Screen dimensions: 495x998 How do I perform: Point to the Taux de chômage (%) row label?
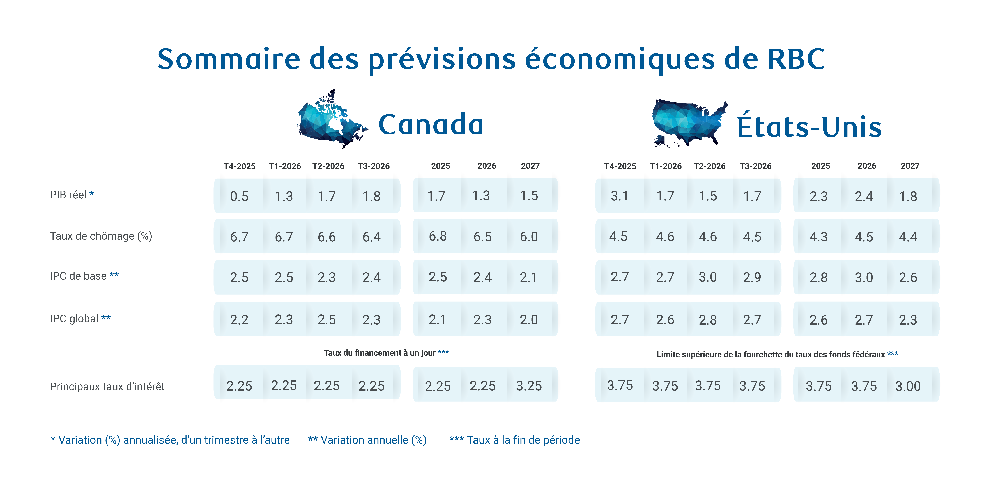pos(101,236)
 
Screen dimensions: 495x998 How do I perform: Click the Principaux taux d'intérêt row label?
pos(107,386)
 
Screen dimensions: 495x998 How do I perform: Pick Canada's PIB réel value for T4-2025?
pos(239,196)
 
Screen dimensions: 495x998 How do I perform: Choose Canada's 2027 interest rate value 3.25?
pos(529,386)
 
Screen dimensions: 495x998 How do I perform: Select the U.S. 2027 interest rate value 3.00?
pos(908,386)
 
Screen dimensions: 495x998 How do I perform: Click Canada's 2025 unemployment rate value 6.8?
pos(438,236)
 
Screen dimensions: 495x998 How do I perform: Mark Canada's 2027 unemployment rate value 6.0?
pos(529,236)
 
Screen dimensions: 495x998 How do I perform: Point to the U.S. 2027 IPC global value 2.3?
pos(908,320)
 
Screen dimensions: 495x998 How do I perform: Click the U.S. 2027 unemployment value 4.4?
pos(908,236)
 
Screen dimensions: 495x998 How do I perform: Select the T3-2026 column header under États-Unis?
pos(755,166)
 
